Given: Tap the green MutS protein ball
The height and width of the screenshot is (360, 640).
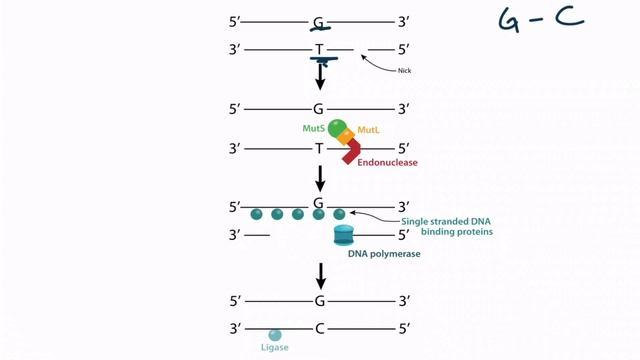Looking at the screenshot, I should (337, 128).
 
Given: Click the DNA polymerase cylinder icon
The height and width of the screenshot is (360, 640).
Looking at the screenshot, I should (344, 235).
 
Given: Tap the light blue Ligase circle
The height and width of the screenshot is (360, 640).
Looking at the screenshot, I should (274, 336).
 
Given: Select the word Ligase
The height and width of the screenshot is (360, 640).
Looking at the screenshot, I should (273, 349).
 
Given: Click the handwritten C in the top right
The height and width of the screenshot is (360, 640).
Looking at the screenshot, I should (577, 18).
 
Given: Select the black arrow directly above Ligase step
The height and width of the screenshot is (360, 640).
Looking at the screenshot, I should (320, 275).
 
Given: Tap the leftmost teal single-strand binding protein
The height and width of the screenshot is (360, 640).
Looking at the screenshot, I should (256, 214).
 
